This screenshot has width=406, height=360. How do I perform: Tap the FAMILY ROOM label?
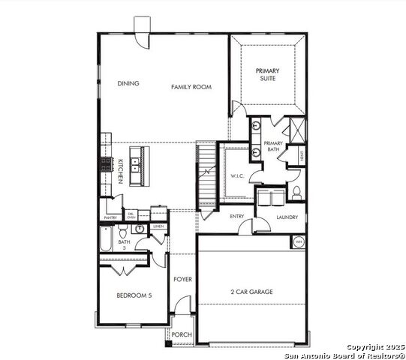pyautogui.click(x=191, y=87)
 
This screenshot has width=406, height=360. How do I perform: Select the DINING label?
pyautogui.click(x=128, y=84)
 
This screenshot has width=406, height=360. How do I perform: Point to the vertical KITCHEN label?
pyautogui.click(x=120, y=171)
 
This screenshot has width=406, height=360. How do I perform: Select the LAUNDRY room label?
pyautogui.click(x=287, y=217)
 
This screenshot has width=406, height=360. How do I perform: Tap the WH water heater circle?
pyautogui.click(x=298, y=241)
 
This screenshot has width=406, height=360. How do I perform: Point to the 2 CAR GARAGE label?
pyautogui.click(x=251, y=292)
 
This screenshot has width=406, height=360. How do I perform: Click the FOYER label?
pyautogui.click(x=182, y=279)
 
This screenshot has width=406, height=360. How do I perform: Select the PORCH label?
pyautogui.click(x=182, y=334)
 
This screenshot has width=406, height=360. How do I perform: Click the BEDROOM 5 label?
pyautogui.click(x=134, y=295)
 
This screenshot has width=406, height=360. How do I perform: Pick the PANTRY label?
pyautogui.click(x=110, y=218)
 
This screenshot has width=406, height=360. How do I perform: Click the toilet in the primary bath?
pyautogui.click(x=296, y=193)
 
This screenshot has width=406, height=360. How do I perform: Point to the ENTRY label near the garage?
pyautogui.click(x=237, y=217)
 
